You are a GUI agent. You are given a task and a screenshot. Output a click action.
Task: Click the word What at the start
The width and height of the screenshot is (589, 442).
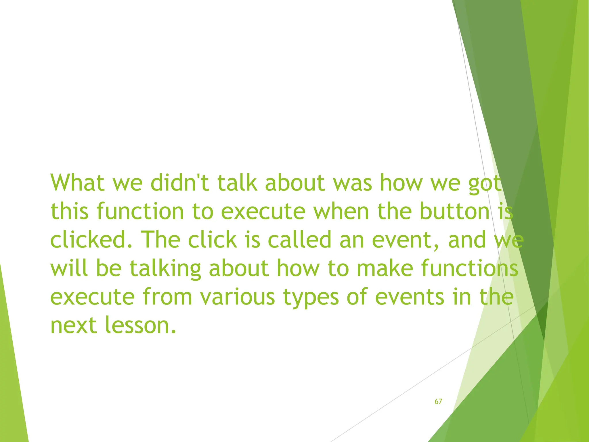pos(77,183)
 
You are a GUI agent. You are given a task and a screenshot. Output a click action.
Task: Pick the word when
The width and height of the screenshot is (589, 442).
pos(341,211)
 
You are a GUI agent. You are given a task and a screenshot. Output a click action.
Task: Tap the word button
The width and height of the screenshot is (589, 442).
pos(455,211)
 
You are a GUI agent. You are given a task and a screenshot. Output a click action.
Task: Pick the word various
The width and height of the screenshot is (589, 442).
pos(238,297)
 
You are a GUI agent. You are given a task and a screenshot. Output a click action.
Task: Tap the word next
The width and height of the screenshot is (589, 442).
pos(73,325)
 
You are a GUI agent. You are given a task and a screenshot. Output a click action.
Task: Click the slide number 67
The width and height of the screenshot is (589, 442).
pos(438,401)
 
